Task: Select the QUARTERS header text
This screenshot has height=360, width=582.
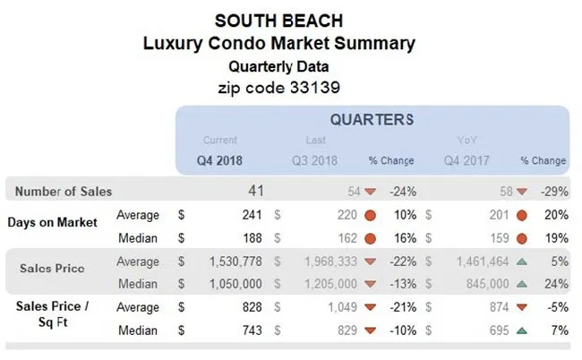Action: (372, 120)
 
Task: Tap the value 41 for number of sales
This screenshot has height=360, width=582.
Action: (256, 191)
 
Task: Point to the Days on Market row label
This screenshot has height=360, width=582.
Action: (55, 222)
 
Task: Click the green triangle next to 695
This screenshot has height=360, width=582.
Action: (520, 331)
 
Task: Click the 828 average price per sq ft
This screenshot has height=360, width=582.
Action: (250, 307)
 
